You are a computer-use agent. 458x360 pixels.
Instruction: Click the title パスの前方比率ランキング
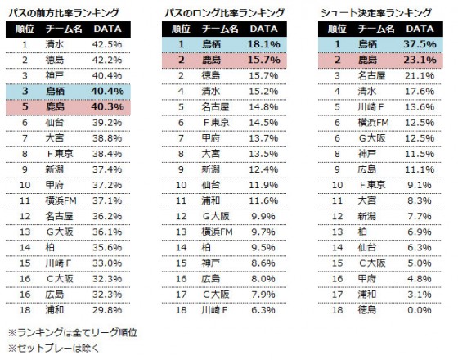pyautogui.click(x=63, y=13)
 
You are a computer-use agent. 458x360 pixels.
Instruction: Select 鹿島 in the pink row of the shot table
pyautogui.click(x=369, y=61)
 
